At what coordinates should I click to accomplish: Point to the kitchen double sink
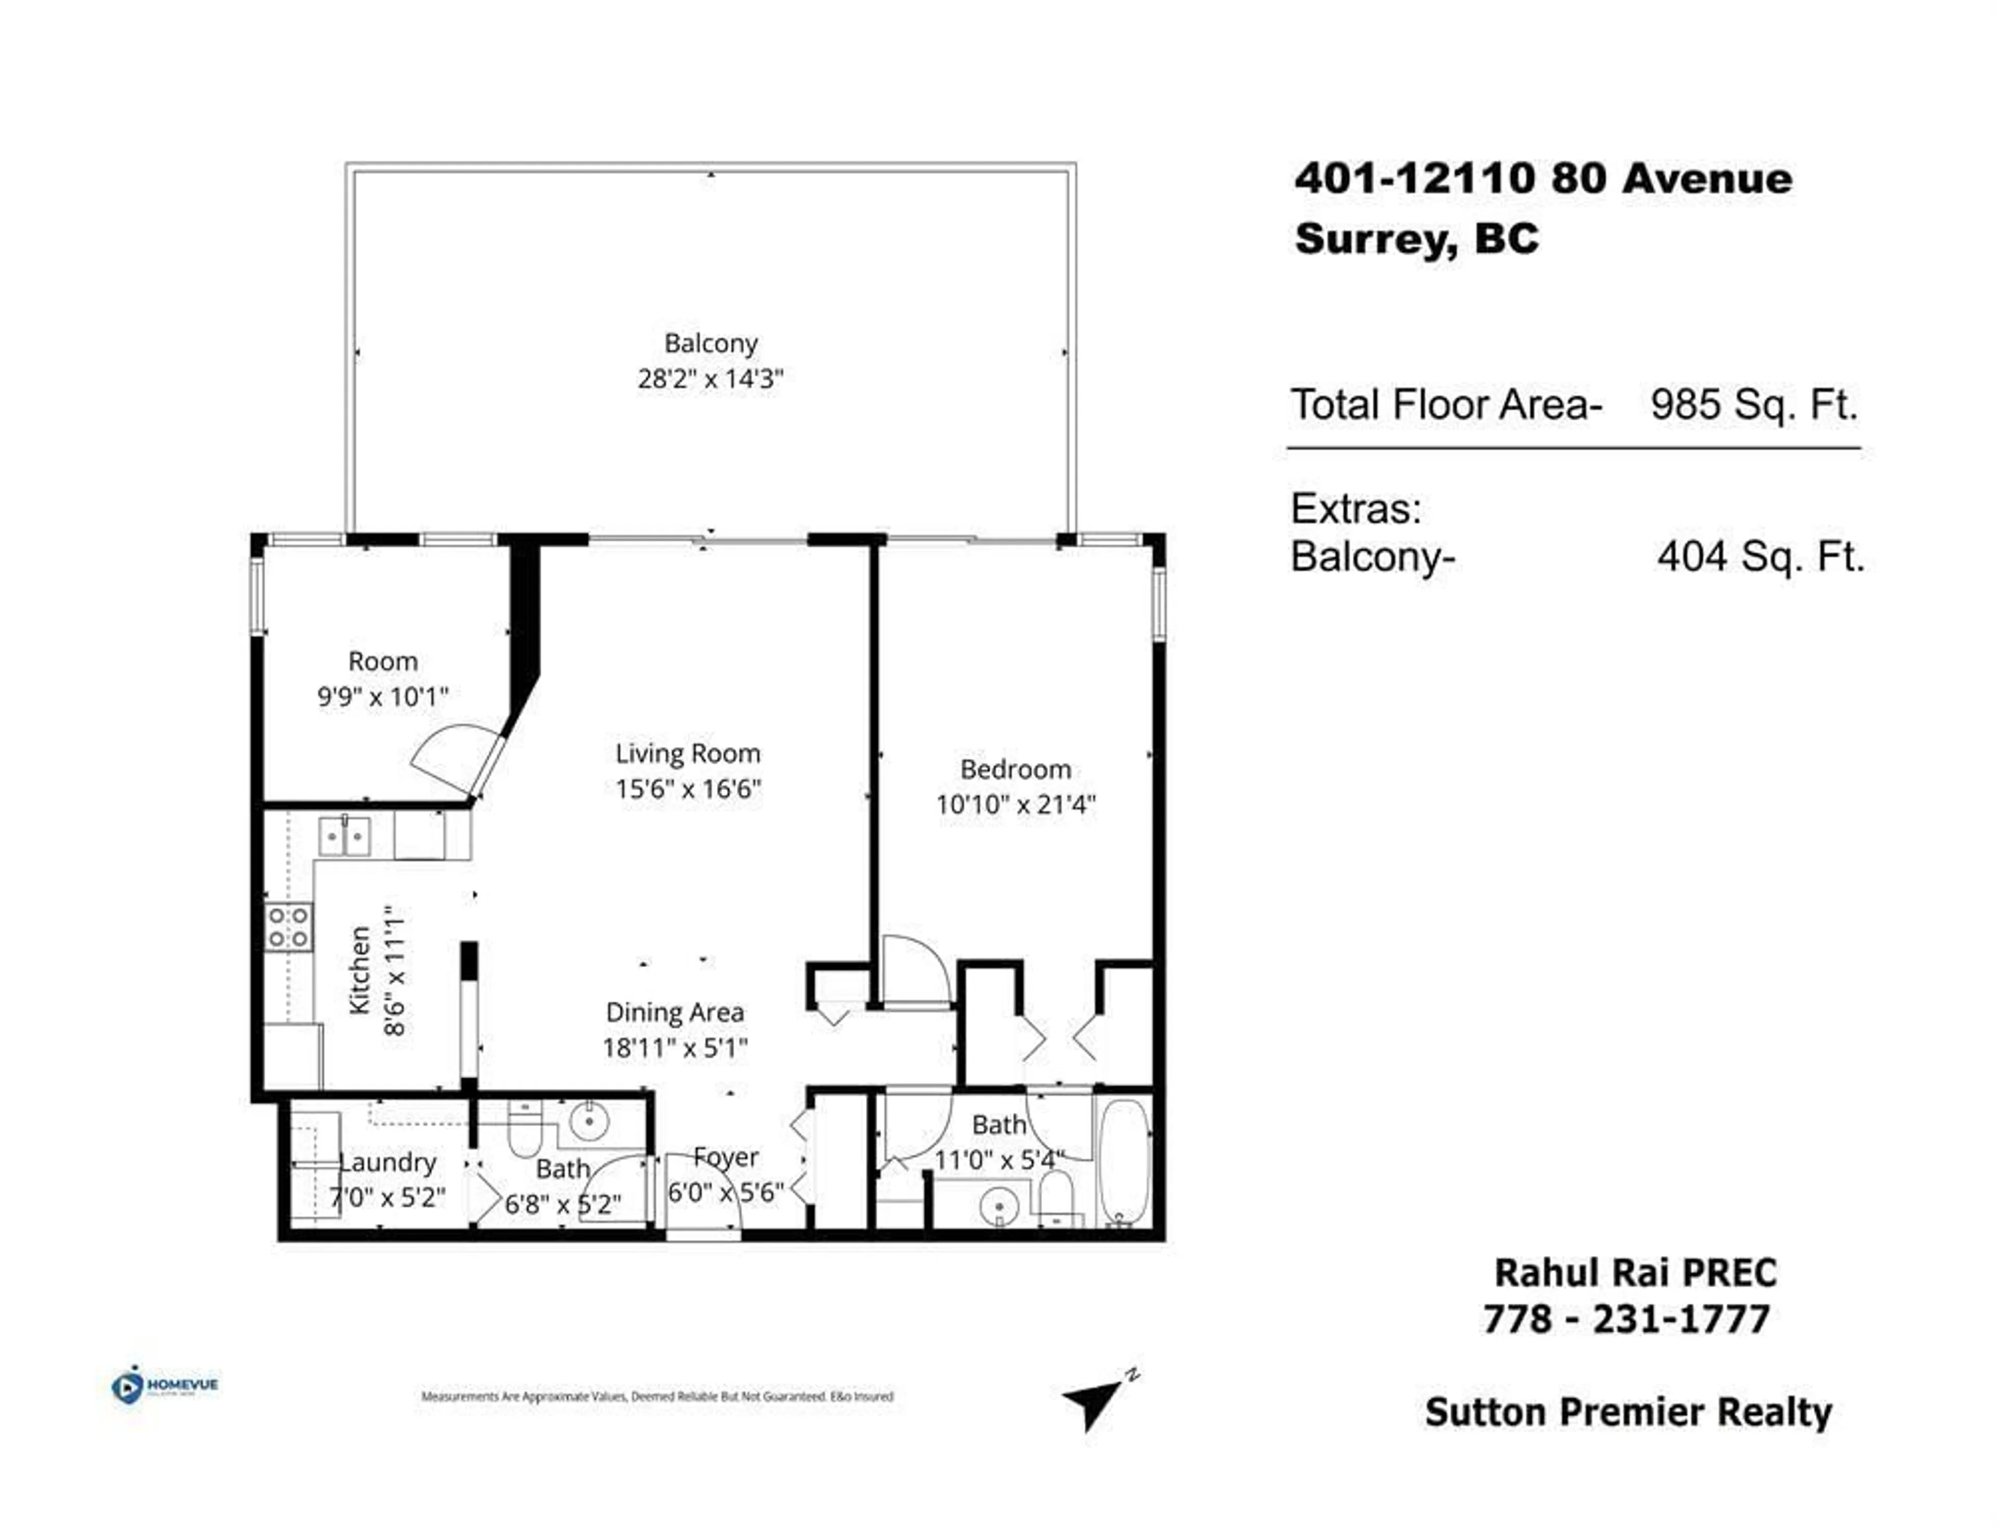coord(345,836)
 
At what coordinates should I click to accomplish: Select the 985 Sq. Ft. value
coord(1754,405)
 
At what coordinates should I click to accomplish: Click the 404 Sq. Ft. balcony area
coord(1760,556)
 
